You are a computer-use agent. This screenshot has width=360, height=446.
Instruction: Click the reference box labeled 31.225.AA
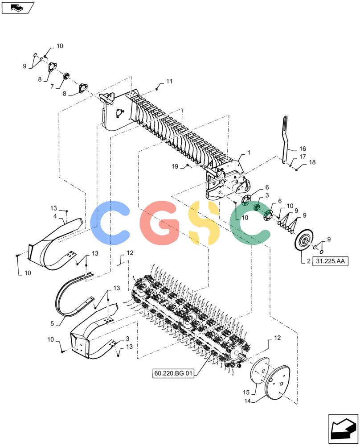(330, 261)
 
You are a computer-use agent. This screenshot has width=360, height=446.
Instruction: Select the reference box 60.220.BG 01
(173, 373)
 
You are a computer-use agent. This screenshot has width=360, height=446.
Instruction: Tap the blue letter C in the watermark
(110, 223)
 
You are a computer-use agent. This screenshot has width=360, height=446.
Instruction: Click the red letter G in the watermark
(161, 223)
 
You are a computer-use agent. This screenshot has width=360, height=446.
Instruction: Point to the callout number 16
(303, 149)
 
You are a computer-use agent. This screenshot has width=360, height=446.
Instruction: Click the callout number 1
(249, 153)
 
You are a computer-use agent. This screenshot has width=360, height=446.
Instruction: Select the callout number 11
(169, 81)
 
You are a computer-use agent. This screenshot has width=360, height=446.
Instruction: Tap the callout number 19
(175, 166)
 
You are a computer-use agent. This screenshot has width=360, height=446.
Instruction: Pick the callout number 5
(52, 323)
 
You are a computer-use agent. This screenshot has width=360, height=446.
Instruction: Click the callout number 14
(247, 401)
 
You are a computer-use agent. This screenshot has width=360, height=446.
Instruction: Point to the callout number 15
(246, 392)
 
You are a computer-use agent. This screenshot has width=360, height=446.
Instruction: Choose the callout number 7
(52, 87)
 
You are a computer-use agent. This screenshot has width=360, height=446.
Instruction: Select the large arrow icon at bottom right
(343, 429)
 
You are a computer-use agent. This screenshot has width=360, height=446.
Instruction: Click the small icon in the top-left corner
(18, 8)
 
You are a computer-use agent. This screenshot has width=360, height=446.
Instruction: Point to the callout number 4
(55, 216)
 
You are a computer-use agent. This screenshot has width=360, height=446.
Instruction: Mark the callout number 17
(303, 157)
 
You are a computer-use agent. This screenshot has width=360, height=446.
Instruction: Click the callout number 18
(312, 162)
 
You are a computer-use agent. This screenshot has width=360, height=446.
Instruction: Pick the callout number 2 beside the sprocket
(309, 261)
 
